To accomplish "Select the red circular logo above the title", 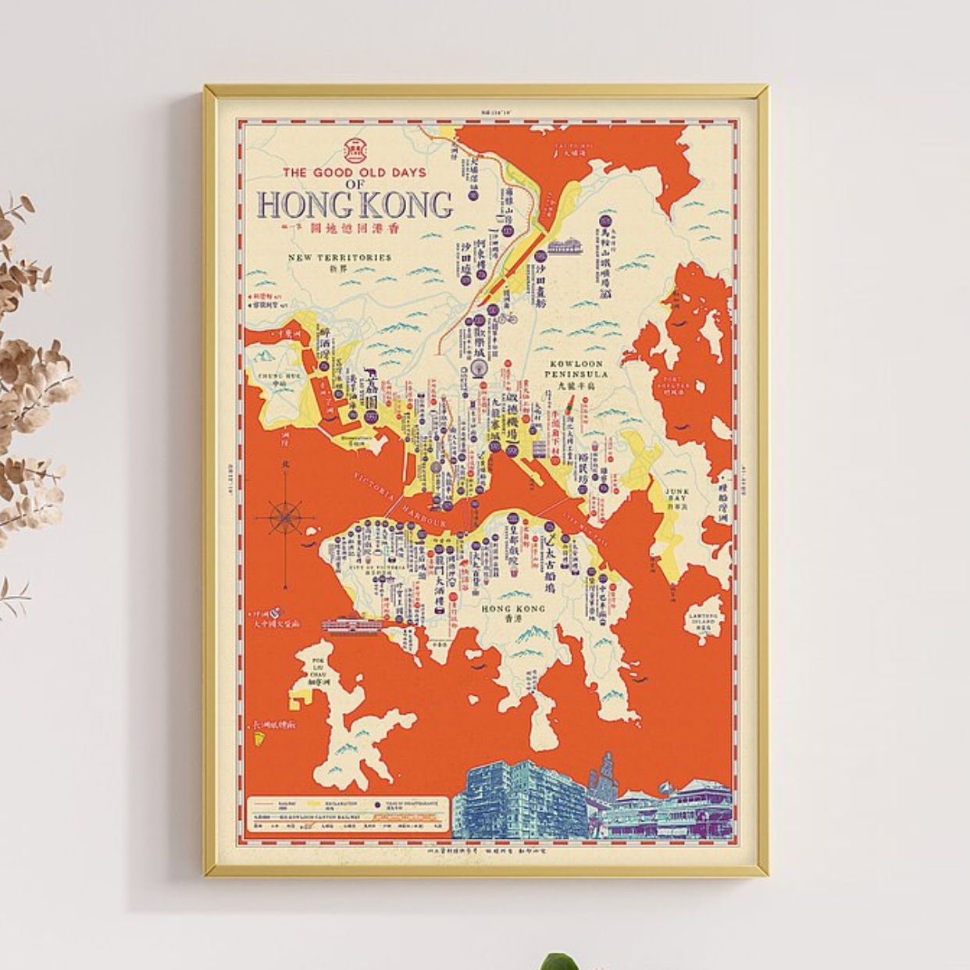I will (x=355, y=148).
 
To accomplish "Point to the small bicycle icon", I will (x=508, y=318).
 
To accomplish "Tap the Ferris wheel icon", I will (x=478, y=367).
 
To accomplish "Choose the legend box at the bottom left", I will (x=350, y=817).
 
